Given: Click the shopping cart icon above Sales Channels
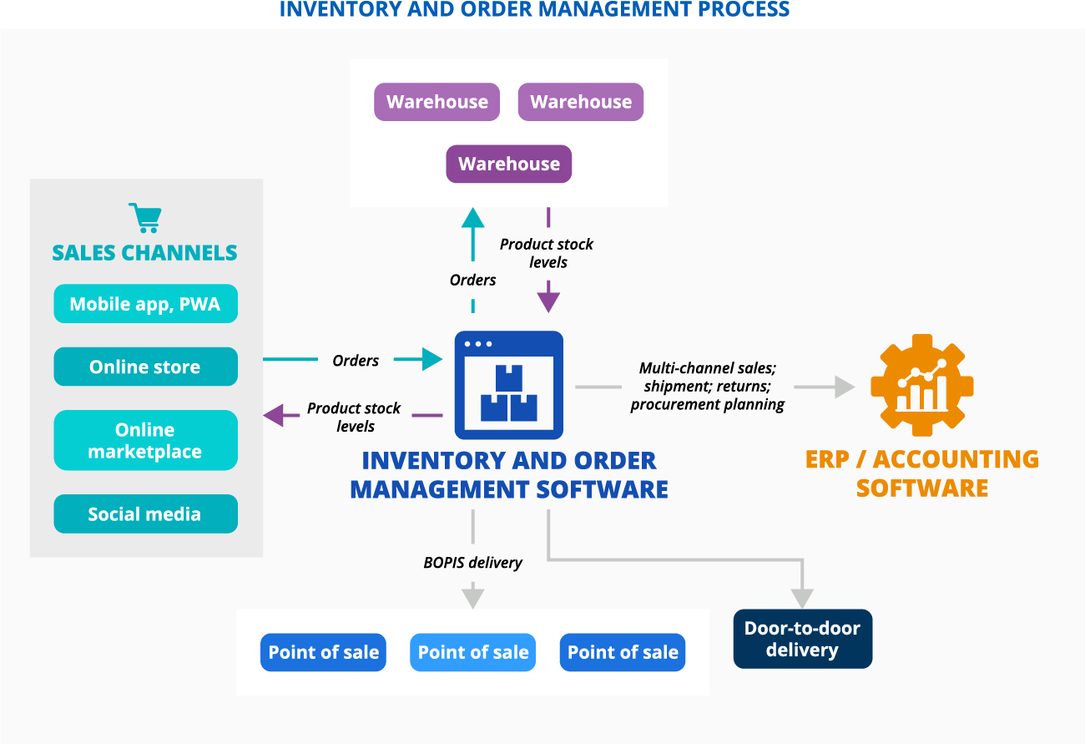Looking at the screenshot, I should coord(145,218).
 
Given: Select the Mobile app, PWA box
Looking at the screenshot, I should coord(145,304).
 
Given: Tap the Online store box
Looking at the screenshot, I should coord(145,367).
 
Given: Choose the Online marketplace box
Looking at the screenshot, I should coord(145,440).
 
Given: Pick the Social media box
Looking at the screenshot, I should coord(145,514).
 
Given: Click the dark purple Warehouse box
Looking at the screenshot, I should coord(508,164).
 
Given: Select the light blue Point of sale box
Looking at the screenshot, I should coord(472,652).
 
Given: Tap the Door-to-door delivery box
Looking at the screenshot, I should coord(802,639).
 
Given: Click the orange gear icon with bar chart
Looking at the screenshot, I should coord(921,385).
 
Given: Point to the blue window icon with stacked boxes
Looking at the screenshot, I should coord(508,385).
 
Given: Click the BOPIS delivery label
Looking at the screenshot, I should coord(472,562).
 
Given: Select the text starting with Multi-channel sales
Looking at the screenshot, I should coord(707,386).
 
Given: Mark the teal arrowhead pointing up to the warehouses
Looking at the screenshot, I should coord(473,218).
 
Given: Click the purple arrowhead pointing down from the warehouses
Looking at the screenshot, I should coord(548,297).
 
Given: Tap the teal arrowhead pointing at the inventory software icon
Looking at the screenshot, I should coord(431,359).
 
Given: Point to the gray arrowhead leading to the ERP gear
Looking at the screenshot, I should coord(845,387).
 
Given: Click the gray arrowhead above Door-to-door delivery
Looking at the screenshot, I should coord(802,598).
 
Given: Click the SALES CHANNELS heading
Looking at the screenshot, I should coord(144,252).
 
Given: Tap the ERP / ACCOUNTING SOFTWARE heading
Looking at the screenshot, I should coord(921,473).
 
